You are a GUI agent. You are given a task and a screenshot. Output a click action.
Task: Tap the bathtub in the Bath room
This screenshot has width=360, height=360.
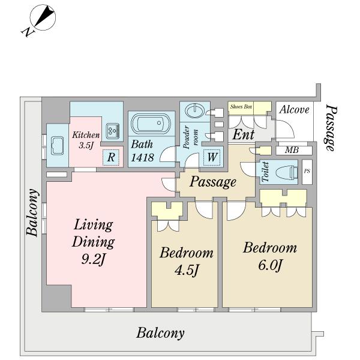pos(151,123)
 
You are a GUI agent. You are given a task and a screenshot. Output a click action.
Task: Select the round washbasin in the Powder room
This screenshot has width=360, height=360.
pos(194,110)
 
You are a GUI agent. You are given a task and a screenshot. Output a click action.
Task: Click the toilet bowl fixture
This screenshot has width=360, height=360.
pos(286,172)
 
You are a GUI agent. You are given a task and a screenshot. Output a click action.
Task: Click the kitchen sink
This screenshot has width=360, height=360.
pos(57,146)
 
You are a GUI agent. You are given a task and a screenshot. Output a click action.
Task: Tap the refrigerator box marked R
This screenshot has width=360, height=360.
pos(111,157)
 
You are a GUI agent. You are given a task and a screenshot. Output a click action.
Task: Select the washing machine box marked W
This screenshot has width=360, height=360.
pos(212,157)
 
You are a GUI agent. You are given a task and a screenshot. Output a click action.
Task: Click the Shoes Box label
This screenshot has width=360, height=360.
pos(241,107)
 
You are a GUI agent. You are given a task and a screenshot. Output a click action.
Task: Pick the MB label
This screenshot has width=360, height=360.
pos(292,150)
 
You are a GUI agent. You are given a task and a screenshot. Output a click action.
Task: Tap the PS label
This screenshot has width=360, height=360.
pos(307,171)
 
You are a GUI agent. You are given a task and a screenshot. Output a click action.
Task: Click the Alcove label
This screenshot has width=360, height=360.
pos(294,110)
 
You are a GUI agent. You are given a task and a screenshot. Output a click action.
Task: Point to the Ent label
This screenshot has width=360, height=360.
pos(244,134)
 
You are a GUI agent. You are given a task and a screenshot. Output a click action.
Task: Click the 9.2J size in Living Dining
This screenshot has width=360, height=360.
pos(93,260)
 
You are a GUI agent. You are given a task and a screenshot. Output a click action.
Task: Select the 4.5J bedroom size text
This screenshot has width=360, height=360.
pos(186,270)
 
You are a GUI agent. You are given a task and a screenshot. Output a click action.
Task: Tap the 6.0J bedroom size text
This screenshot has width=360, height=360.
pos(270,265)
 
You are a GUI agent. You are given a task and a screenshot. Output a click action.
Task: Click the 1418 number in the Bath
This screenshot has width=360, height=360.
pos(142,157)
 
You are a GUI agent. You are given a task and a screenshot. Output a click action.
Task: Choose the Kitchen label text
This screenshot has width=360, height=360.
pos(86,135)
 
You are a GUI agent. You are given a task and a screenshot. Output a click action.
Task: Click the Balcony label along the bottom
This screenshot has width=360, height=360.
pos(160,333)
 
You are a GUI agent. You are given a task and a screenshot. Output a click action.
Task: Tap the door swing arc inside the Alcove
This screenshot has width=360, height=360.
pos(285,130)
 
